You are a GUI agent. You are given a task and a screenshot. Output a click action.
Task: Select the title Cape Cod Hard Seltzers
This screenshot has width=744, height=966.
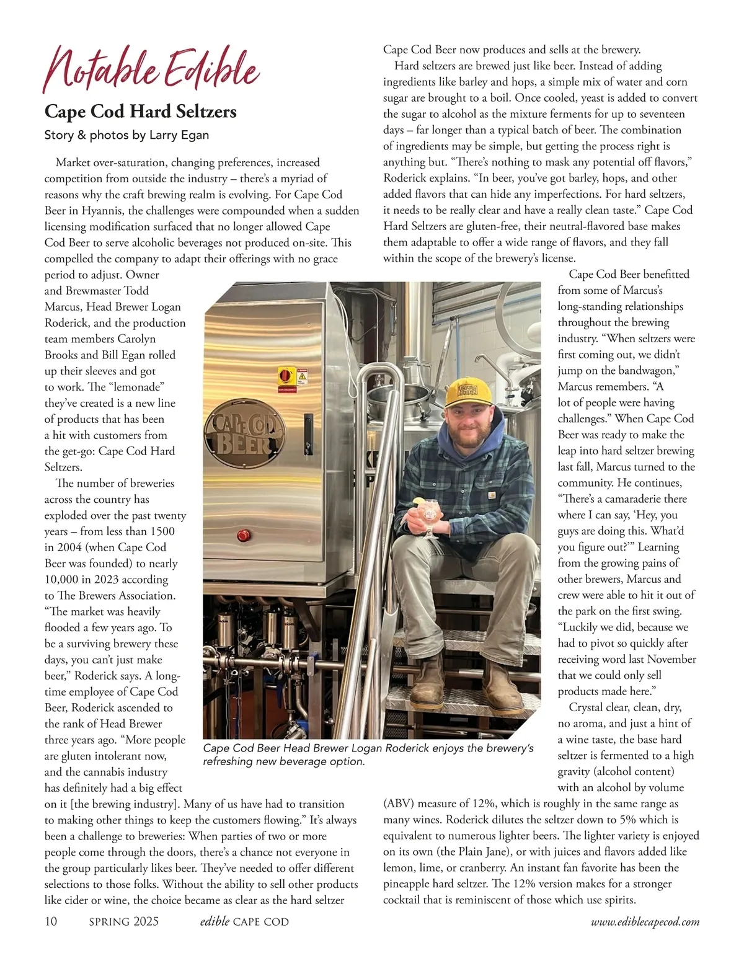point(141,112)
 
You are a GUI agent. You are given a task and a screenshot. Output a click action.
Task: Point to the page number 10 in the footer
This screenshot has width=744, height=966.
point(51,921)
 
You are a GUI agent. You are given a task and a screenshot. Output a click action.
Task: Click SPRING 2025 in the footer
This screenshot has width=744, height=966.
point(123,921)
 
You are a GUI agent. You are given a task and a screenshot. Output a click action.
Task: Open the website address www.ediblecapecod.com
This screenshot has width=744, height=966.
point(645,922)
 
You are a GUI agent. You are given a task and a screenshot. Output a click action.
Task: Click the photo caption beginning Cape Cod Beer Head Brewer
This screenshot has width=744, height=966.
point(368,755)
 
